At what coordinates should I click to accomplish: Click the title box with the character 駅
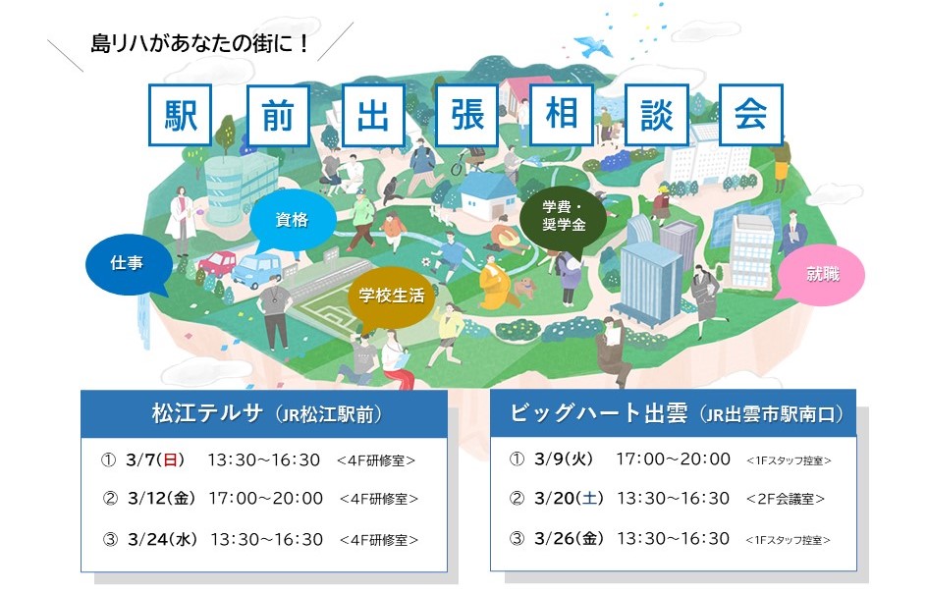180,115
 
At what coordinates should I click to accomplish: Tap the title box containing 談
656,115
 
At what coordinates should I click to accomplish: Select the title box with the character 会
751,115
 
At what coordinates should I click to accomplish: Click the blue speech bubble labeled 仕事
128,264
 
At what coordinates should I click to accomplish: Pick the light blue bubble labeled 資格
292,221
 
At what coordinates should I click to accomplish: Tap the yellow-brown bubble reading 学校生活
392,297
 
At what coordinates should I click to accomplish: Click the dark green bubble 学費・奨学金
564,218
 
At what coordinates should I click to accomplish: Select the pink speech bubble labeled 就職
821,274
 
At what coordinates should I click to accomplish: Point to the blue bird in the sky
593,46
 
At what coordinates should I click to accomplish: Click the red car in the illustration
217,263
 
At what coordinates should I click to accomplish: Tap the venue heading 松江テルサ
207,413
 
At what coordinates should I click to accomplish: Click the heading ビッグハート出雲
598,412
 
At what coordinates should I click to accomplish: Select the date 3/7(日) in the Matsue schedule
155,459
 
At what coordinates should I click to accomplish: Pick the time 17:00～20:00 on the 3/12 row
265,498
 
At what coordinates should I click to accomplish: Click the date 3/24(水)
162,540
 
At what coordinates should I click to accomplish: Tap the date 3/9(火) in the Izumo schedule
564,459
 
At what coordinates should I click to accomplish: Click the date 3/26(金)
569,539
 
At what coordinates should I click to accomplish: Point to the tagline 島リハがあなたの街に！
199,44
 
